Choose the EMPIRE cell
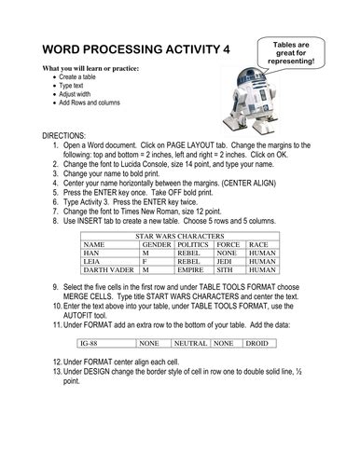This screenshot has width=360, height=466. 192,271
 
